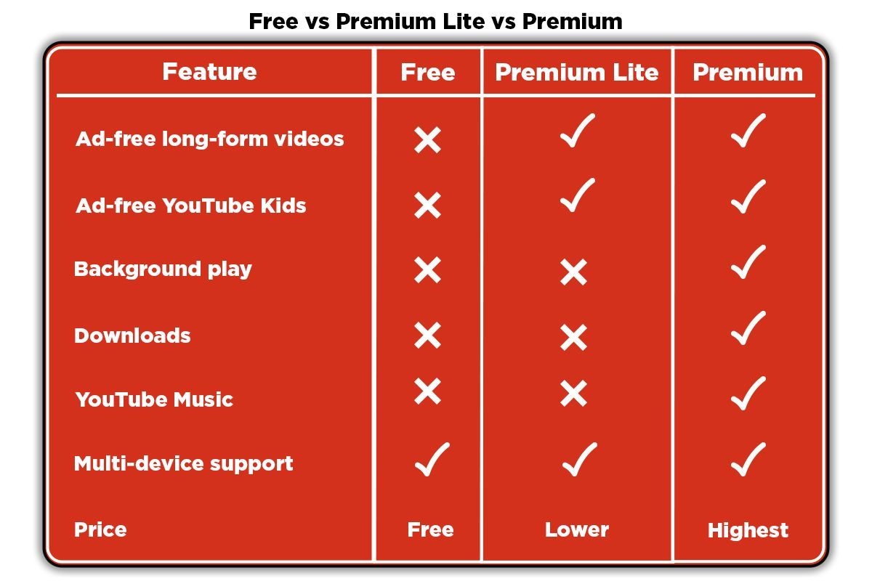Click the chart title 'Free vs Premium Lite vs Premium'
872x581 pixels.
pos(435,21)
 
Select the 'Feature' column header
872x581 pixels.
pos(209,72)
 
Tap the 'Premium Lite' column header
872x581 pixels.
pos(576,73)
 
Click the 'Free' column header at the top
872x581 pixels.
pos(428,73)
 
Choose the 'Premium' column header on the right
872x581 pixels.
pos(748,73)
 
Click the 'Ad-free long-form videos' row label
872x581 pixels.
pos(210,139)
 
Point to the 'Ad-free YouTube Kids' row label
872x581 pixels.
pos(191,205)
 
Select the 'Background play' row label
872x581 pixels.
pos(163,269)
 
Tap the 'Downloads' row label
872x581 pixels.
pos(132,336)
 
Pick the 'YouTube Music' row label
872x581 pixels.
pos(154,399)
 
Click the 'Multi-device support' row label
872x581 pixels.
pos(183,464)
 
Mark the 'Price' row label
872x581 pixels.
pos(100,529)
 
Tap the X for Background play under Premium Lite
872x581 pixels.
pos(573,272)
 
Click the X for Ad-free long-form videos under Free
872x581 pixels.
pos(427,139)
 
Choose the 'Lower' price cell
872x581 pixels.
pos(576,529)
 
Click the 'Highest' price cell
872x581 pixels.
pos(748,530)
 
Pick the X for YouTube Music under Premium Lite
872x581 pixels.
pos(573,394)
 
